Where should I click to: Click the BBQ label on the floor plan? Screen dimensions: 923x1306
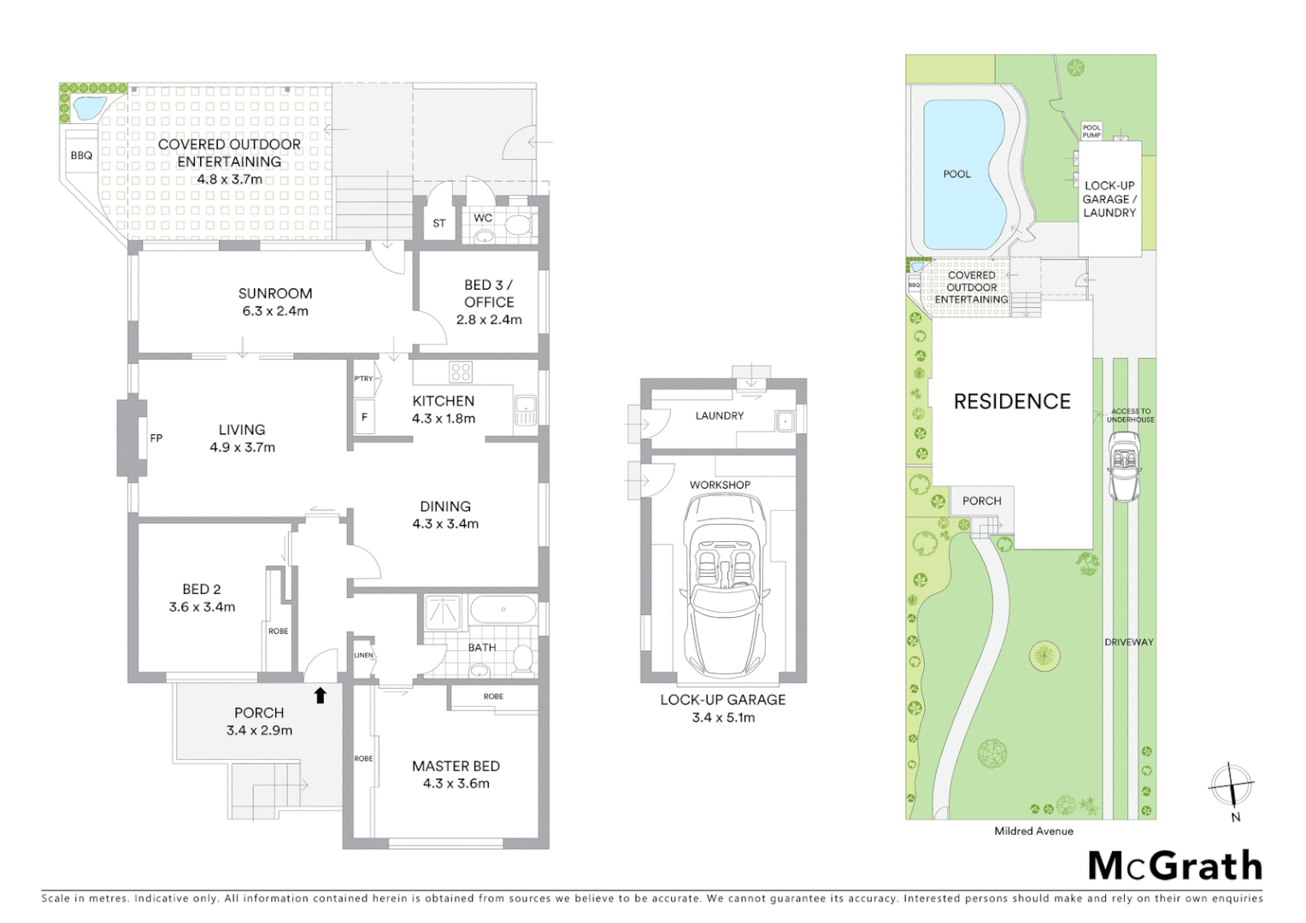pos(81,156)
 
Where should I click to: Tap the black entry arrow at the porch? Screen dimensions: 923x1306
pos(321,696)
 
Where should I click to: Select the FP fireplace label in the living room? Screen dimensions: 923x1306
pos(156,438)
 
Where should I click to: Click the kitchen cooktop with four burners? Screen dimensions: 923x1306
pos(461,372)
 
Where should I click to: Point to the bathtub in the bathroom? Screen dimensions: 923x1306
pos(503,610)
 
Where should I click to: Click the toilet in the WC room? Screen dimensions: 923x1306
pos(518,226)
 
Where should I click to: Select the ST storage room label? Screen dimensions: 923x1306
pos(438,224)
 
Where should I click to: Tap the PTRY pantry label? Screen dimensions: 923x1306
pos(363,379)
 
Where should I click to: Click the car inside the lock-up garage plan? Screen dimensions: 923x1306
pos(723,585)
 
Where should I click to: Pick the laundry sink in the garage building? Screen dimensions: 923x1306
pos(784,421)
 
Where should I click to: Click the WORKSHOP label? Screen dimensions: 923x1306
pos(720,485)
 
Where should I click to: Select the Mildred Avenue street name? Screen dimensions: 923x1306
pos(1033,831)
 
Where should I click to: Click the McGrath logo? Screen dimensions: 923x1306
pos(1174,866)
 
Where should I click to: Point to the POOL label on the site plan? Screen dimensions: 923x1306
pos(956,174)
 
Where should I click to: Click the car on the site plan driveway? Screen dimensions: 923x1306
pos(1125,466)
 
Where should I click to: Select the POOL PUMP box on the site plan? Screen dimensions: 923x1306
pos(1091,131)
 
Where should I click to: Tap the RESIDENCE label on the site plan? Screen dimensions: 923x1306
pos(1012,402)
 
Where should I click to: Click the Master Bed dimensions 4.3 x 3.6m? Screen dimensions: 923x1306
pos(456,784)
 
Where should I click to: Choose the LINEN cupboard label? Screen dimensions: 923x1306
pos(363,656)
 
